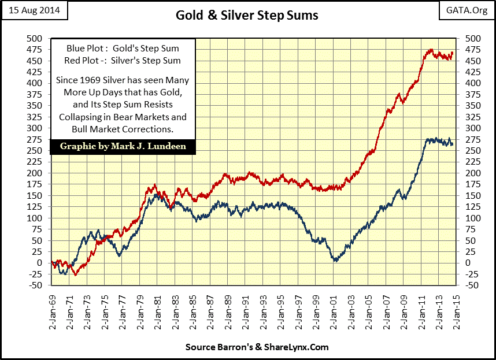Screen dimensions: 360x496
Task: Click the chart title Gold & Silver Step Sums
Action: tap(247, 15)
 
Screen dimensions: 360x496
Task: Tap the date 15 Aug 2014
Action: tap(34, 10)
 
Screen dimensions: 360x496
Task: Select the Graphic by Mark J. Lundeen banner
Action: tap(123, 146)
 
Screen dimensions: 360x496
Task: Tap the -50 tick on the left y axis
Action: tap(36, 285)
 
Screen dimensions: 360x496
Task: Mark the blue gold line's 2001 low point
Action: tap(335, 261)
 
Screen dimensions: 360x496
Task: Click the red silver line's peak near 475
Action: tap(430, 50)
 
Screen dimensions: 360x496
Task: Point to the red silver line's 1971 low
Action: tap(75, 274)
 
